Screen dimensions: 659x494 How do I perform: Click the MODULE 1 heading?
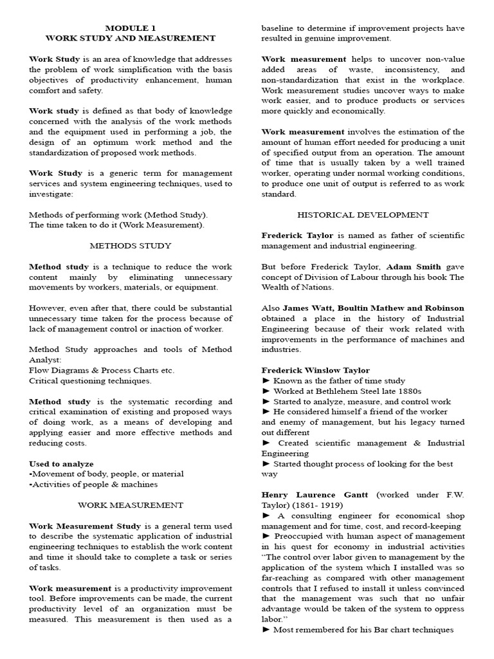tap(130, 28)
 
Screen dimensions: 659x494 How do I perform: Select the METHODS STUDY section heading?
tap(130, 245)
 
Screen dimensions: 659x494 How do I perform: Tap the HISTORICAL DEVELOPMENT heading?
tap(363, 214)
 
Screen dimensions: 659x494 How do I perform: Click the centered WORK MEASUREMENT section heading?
tap(130, 505)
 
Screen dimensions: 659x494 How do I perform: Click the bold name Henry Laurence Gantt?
tap(315, 495)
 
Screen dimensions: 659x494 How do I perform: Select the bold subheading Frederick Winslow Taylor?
tap(315, 370)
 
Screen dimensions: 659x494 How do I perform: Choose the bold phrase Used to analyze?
tap(62, 463)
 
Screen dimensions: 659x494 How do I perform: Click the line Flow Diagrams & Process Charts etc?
tap(102, 370)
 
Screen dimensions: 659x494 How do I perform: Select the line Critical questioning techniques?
tap(91, 380)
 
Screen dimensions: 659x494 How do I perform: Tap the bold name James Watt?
tap(306, 308)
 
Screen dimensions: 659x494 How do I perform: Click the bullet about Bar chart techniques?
tap(363, 629)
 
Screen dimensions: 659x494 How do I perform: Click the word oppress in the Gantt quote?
tap(445, 609)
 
